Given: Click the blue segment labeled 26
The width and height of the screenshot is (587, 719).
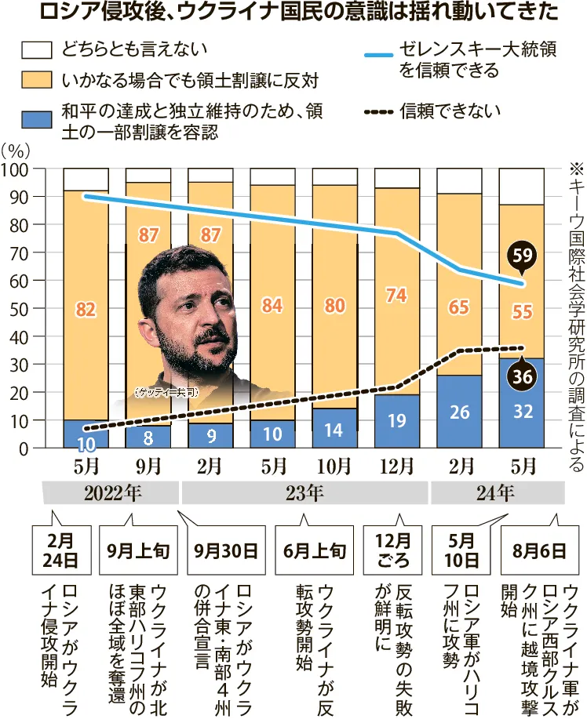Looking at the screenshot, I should pos(461,412).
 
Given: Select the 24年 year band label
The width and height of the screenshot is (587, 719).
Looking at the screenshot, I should pos(496,493).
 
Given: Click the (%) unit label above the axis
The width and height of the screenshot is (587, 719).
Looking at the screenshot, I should pos(16,149).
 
